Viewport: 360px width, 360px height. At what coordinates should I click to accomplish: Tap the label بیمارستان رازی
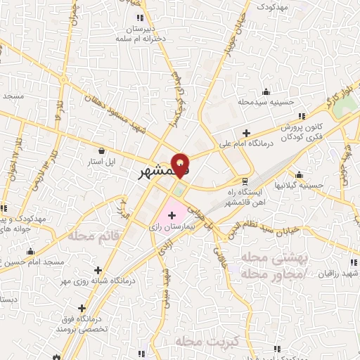172,228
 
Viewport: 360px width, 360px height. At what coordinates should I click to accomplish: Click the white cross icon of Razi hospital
172,214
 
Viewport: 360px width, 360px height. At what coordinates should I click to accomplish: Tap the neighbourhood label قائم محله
91,236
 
